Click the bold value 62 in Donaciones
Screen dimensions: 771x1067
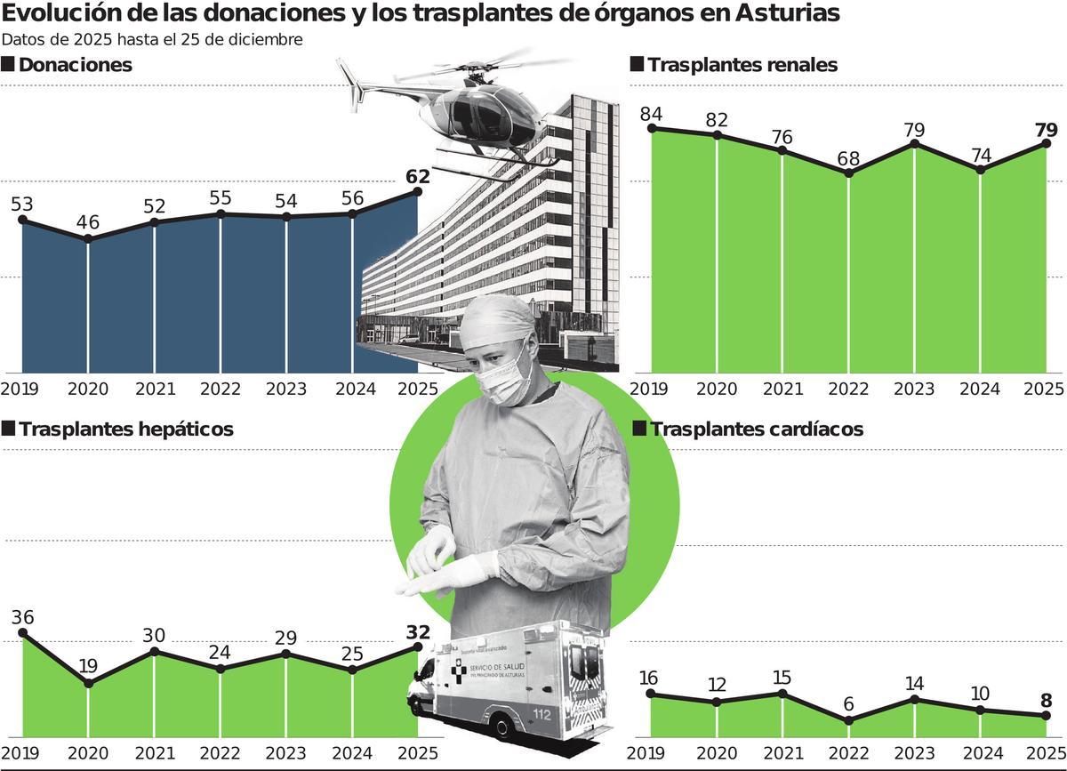click(417, 176)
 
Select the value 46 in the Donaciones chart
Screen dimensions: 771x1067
click(88, 222)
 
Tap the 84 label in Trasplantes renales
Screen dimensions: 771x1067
click(653, 114)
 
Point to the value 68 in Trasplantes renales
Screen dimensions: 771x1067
click(849, 158)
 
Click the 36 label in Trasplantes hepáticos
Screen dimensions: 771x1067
click(23, 617)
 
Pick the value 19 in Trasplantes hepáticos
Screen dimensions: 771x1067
click(88, 666)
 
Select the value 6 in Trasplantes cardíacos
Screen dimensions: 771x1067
click(849, 704)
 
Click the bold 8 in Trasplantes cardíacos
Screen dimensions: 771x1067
click(1047, 699)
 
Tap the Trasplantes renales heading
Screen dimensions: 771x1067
click(742, 65)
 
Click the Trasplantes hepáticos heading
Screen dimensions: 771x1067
click(125, 429)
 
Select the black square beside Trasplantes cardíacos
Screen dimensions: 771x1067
click(638, 429)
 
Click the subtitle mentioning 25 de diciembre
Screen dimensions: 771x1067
click(153, 39)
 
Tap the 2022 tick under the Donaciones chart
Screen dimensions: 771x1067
click(220, 389)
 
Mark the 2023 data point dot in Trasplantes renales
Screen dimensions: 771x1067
click(915, 145)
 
